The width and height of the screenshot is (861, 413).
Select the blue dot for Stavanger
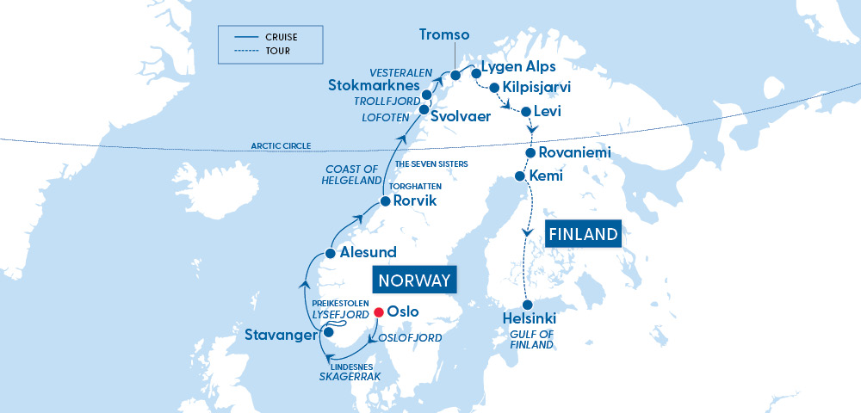click(328, 330)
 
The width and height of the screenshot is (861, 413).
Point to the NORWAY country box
click(414, 280)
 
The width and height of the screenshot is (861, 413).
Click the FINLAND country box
click(583, 233)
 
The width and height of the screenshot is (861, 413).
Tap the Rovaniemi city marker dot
click(531, 152)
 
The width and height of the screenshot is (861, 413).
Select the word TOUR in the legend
click(278, 51)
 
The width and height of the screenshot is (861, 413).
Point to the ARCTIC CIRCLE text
click(281, 146)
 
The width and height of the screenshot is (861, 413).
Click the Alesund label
click(368, 253)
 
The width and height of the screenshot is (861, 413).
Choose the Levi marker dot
click(525, 111)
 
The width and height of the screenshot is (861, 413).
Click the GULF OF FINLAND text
click(531, 339)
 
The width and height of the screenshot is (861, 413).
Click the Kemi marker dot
click(519, 176)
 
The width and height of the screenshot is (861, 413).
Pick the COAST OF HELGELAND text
click(353, 175)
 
